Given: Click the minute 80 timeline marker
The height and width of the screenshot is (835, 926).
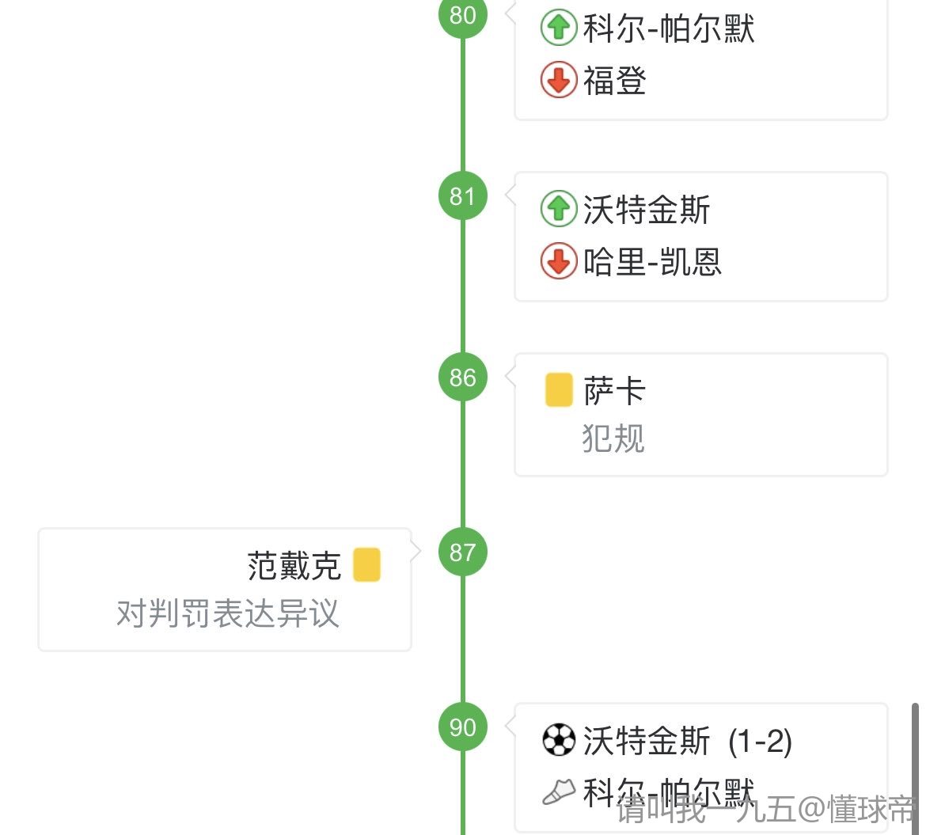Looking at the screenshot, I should point(463,15).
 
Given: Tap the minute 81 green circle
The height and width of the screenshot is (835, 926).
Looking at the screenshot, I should point(463,195).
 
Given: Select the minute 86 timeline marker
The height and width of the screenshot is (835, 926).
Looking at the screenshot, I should point(463,377).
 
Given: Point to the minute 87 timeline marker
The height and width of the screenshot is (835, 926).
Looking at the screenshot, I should point(463,552).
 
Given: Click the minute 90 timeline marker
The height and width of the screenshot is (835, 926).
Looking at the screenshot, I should point(463,727).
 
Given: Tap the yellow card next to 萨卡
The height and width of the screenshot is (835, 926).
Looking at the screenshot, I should point(559,391).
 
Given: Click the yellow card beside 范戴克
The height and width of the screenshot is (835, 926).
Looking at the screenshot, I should point(366,565).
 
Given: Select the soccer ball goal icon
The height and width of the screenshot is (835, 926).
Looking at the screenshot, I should point(559,741).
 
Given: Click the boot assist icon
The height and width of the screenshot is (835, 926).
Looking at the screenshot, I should point(559,791).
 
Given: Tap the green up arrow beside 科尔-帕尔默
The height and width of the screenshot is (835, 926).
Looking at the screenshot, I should point(559,29).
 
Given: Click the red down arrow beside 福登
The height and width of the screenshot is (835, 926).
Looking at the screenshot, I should point(559,81).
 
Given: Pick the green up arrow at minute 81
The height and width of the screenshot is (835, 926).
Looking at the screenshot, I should point(559,210).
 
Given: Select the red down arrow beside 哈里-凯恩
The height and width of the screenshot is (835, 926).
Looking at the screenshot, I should point(559,262).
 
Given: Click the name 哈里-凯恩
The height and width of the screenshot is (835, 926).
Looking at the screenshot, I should point(652,262).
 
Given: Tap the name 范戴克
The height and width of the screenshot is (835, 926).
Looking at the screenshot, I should point(294,566).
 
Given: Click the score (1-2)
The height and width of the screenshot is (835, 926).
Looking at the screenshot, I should point(760,742).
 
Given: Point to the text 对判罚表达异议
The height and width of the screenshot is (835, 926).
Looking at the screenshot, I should point(228,613).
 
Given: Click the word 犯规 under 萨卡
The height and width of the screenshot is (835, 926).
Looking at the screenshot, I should point(613,438).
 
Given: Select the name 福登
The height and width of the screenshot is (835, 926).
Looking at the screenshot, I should point(615,81).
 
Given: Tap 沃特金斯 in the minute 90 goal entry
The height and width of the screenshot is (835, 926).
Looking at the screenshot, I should point(647,742).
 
